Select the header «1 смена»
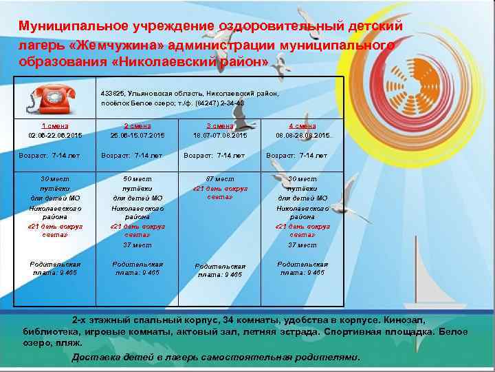pos(54,126)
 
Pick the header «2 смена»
pos(137,126)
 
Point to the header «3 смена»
pos(220,126)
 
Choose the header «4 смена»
pos(302,126)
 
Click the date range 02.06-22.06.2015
pos(54,136)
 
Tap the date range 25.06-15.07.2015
pos(137,136)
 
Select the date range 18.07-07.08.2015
pos(220,136)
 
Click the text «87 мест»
pos(220,179)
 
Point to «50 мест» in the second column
pos(137,179)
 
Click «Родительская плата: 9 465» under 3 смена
pos(220,270)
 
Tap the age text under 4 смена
pos(297,156)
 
